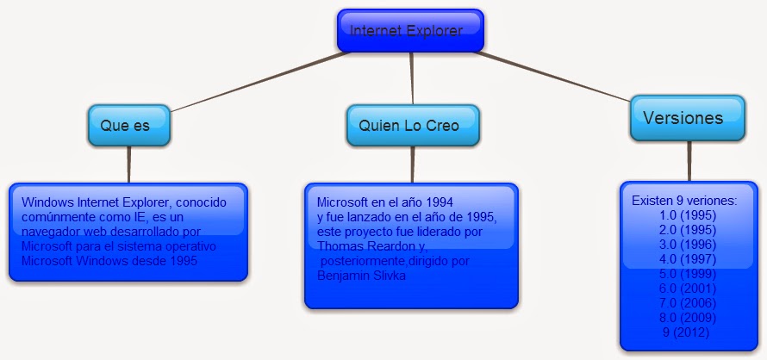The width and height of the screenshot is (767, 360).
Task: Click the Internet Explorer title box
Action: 410,31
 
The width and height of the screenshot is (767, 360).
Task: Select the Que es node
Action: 129,125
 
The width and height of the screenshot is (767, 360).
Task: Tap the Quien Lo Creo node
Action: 413,125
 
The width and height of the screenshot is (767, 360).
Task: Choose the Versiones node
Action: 687,118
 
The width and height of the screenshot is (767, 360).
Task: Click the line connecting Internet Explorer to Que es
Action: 259,82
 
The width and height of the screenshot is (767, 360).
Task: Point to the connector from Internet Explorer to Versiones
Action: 552,77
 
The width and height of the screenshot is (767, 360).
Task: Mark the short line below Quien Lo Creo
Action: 412,164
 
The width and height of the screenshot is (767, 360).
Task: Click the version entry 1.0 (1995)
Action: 687,215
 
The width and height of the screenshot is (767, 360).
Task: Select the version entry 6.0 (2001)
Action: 687,289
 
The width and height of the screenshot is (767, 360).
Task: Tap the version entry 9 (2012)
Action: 686,332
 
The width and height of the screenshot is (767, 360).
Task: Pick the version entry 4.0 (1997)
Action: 687,259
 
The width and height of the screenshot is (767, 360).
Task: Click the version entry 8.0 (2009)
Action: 687,318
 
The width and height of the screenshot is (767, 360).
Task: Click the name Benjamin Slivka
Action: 361,276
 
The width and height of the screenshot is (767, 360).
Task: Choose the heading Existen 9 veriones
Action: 684,201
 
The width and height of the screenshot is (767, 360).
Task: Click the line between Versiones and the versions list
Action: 689,161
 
